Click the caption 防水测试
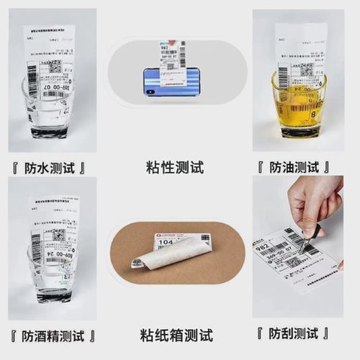[x=52, y=168]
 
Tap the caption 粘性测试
[x=174, y=168]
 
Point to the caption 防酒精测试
[x=52, y=335]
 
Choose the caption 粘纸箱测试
[x=176, y=335]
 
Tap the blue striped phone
[x=171, y=81]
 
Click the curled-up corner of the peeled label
[x=137, y=265]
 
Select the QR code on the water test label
[x=53, y=66]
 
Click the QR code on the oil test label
[x=305, y=70]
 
